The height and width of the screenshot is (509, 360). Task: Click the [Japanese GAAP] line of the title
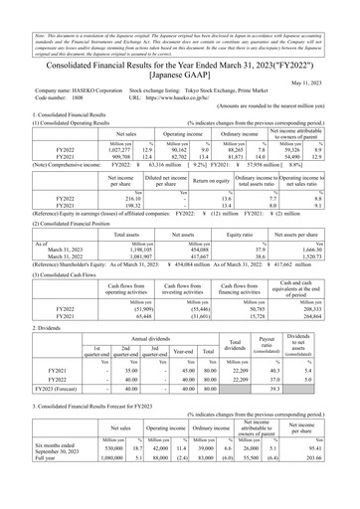pos(179,73)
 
